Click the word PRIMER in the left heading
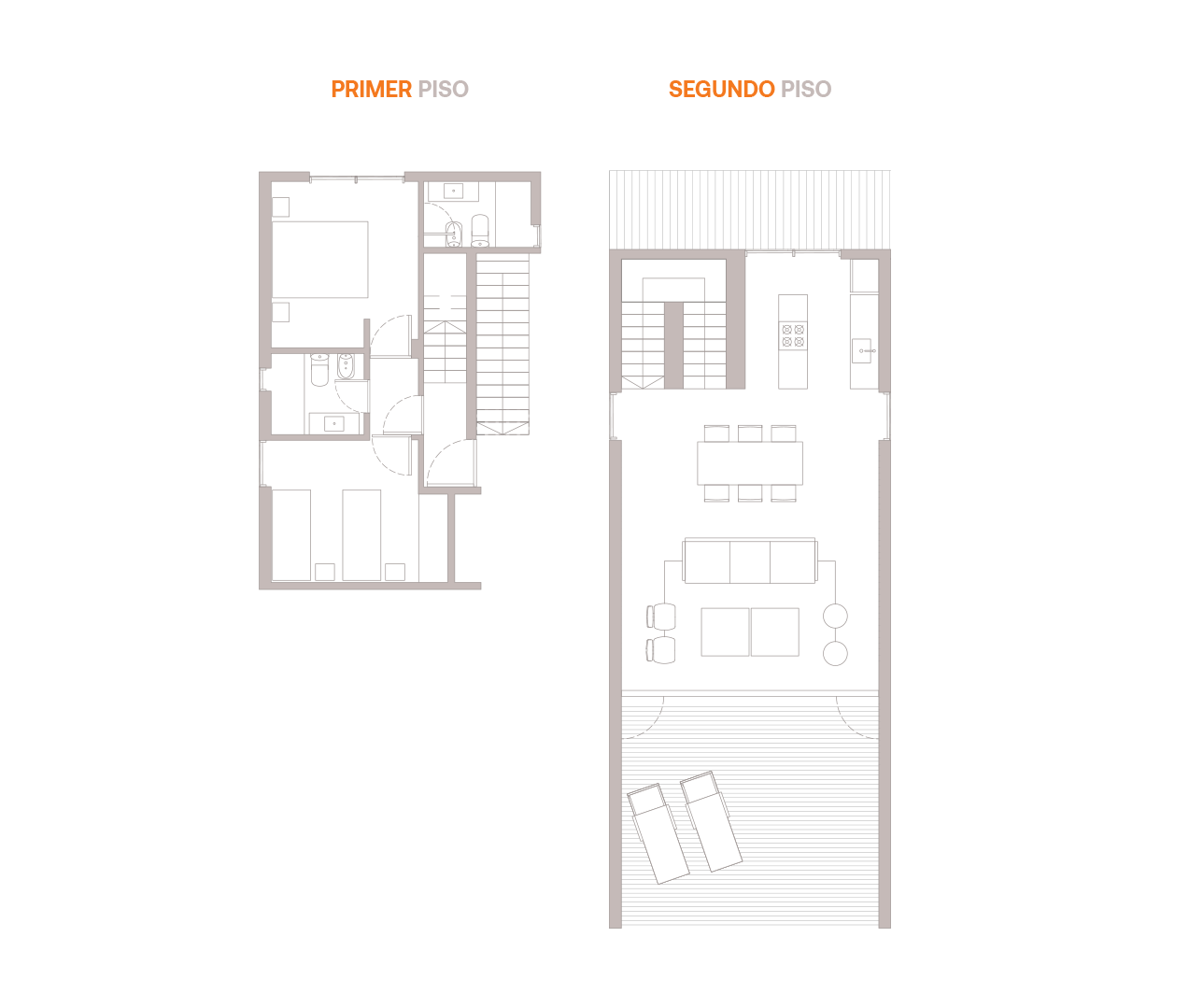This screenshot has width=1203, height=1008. (x=372, y=90)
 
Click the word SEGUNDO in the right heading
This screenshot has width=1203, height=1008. (x=721, y=90)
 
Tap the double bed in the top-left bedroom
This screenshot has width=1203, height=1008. (x=320, y=259)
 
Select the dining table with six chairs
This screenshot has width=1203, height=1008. (x=750, y=462)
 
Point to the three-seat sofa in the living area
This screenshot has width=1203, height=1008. (x=750, y=561)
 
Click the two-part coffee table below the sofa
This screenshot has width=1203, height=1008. (x=750, y=632)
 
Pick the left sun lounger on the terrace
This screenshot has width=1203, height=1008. (x=658, y=834)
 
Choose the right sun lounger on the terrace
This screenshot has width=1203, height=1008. (x=712, y=821)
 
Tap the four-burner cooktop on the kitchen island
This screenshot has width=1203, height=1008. (x=793, y=335)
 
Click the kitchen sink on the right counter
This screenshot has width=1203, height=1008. (x=863, y=352)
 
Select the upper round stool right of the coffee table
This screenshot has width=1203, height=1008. (x=835, y=616)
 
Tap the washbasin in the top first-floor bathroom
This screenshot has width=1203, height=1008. (x=454, y=192)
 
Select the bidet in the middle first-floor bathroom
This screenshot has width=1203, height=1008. (x=345, y=367)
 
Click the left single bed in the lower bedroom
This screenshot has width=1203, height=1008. (x=291, y=534)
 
